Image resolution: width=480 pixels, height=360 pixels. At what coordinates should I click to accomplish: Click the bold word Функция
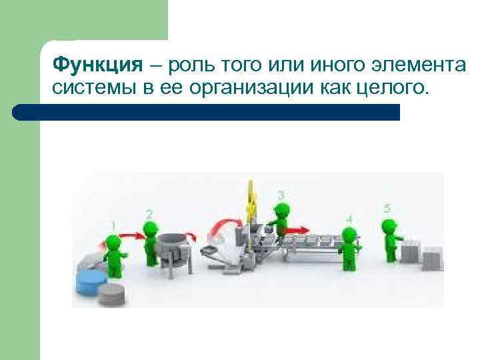(97, 65)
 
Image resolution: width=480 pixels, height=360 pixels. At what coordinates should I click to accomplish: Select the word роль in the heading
(195, 65)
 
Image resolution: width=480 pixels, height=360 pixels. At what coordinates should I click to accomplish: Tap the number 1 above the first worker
(113, 225)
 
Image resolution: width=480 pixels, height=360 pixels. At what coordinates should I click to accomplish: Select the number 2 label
(149, 213)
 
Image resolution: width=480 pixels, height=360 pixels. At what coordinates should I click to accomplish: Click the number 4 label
(349, 219)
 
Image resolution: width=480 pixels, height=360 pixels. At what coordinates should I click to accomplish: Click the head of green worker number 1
(113, 240)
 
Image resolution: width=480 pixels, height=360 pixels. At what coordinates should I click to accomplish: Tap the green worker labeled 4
(347, 248)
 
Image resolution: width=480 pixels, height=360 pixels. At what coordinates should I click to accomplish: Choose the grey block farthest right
(433, 257)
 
